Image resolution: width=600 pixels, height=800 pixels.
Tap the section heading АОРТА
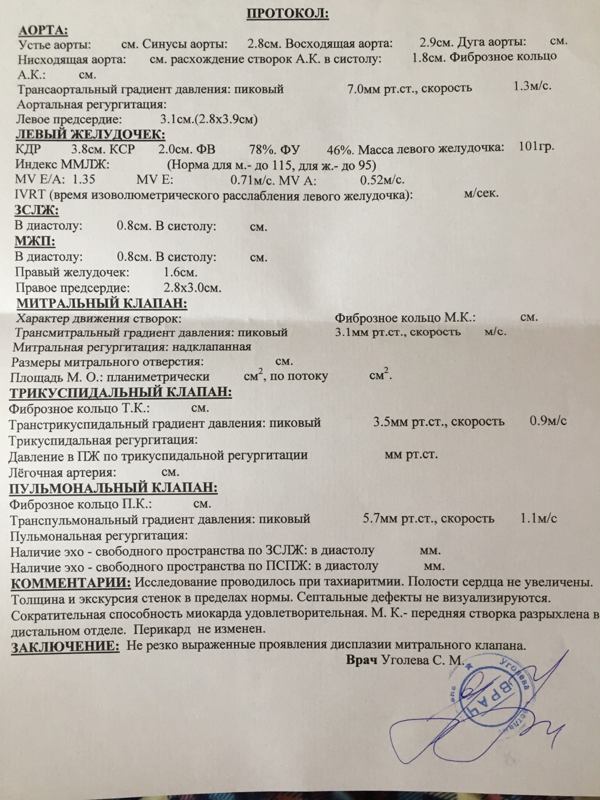click(x=43, y=30)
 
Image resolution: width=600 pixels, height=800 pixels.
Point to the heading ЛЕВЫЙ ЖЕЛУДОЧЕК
click(x=90, y=135)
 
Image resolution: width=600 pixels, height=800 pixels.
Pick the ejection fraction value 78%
click(x=261, y=150)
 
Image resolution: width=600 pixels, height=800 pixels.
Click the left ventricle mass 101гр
click(x=537, y=146)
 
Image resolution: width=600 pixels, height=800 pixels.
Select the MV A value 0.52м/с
click(x=382, y=179)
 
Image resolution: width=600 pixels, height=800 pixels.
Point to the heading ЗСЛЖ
click(x=37, y=210)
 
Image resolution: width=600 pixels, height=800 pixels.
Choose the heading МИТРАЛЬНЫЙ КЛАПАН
click(x=102, y=303)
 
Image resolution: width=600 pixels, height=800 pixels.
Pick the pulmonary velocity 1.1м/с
click(x=539, y=518)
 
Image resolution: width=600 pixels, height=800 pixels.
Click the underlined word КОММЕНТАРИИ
click(x=70, y=583)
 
